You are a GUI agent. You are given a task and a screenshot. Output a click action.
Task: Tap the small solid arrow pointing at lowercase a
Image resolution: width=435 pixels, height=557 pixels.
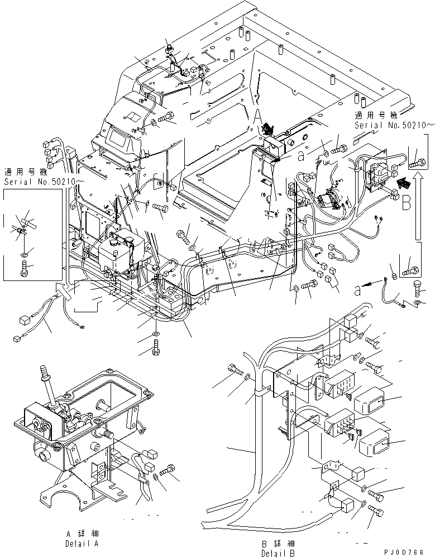pyautogui.click(x=371, y=284)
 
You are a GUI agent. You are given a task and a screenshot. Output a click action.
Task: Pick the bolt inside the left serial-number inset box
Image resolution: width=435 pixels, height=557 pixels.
pyautogui.click(x=24, y=269)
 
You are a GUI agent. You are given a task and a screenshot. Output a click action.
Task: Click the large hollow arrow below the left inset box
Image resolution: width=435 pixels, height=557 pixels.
pyautogui.click(x=65, y=290)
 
